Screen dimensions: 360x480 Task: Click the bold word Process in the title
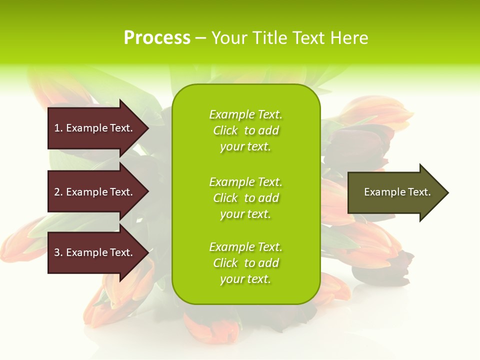click(157, 38)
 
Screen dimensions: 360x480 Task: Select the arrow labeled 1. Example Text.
click(95, 128)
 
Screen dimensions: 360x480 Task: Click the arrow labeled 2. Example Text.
click(95, 192)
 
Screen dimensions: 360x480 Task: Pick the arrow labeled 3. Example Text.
click(95, 252)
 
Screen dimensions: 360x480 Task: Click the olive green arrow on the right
click(395, 192)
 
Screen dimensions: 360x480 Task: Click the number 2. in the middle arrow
click(58, 192)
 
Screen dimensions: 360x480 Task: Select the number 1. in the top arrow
click(58, 128)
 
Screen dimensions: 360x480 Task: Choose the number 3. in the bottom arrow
click(58, 252)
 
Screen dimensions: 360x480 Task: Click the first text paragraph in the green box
click(245, 130)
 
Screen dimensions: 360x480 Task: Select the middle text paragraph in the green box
click(245, 198)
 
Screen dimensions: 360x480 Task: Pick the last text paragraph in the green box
click(245, 263)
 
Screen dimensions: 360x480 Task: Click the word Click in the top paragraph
click(225, 130)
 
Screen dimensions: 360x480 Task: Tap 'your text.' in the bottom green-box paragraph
click(245, 279)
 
